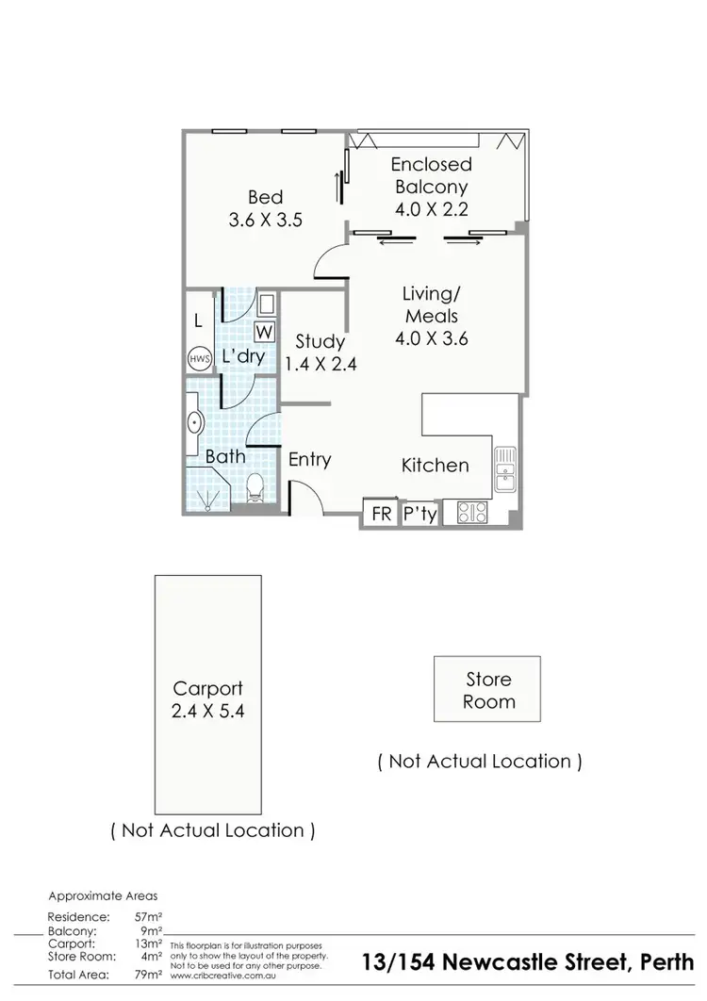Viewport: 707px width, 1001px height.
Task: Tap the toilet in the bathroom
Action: pos(254,488)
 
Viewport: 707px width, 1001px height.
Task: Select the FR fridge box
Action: pos(380,514)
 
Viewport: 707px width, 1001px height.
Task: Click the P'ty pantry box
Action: pos(419,514)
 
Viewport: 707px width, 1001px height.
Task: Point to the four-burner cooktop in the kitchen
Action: pos(471,512)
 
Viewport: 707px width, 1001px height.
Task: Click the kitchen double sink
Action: pos(506,469)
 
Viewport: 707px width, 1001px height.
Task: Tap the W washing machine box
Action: pos(264,332)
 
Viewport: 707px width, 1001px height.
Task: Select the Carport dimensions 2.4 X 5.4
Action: pos(208,712)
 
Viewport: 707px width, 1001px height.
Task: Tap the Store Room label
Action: pos(488,690)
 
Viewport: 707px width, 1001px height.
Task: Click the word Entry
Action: pos(309,459)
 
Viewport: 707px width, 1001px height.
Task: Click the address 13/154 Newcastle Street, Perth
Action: pos(528,963)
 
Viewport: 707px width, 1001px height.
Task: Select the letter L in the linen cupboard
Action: pos(198,320)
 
